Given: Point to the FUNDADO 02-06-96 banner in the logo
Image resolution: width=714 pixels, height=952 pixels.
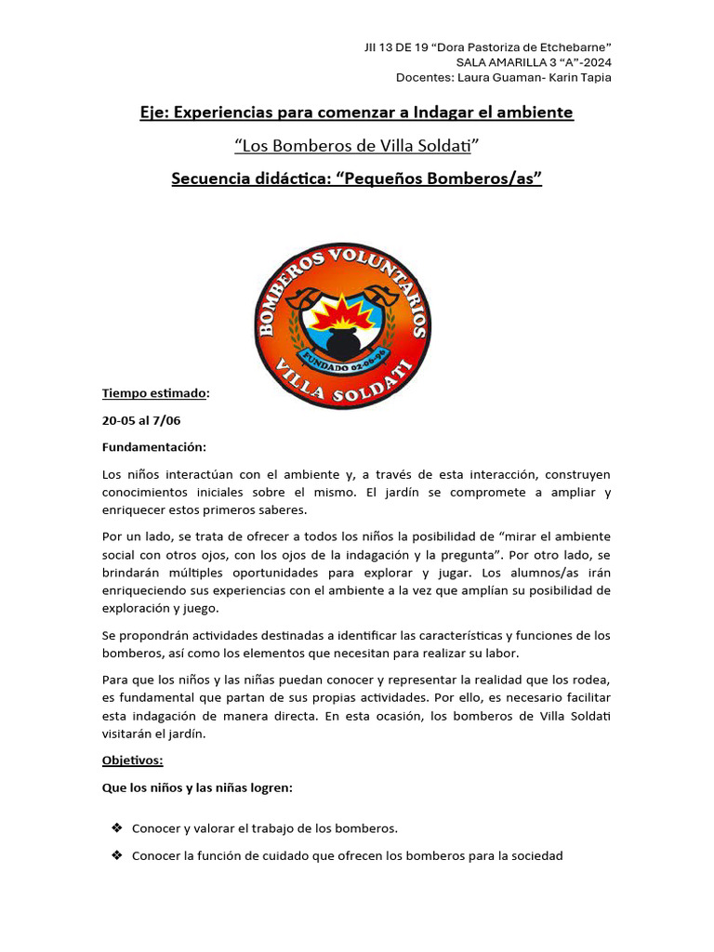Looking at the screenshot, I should click(x=342, y=362).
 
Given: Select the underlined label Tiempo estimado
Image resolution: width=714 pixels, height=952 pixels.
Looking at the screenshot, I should click(x=154, y=393).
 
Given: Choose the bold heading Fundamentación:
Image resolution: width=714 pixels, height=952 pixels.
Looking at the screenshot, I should click(x=154, y=447).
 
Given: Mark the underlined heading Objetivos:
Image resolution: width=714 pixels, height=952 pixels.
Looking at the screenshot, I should click(x=132, y=760).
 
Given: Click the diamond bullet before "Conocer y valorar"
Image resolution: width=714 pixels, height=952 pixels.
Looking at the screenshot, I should click(x=117, y=827).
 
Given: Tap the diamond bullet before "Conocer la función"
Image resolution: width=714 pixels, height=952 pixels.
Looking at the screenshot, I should click(x=117, y=855).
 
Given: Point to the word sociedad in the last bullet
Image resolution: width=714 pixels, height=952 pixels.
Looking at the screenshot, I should click(x=534, y=855).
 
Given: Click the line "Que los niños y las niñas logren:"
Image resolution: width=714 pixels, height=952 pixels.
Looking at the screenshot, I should click(x=197, y=788).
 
